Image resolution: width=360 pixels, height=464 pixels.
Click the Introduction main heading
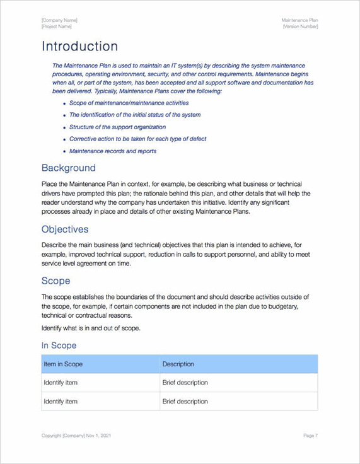pos(79,47)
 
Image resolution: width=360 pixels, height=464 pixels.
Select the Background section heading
pos(68,168)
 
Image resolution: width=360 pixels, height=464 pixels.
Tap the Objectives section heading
pos(65,229)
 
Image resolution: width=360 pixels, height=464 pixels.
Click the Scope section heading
pos(55,281)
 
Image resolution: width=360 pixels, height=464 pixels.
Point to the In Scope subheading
pos(59,345)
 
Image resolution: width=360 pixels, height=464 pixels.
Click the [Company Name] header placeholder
pos(59,20)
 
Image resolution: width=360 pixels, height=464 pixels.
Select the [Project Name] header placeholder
pos(57,26)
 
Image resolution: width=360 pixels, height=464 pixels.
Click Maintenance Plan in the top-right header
pos(299,20)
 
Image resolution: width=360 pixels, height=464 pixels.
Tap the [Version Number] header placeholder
pos(300,26)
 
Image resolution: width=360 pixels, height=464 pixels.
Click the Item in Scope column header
pos(63,364)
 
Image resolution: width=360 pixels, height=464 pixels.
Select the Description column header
pos(178,364)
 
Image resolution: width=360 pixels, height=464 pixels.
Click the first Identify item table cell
pos(61,383)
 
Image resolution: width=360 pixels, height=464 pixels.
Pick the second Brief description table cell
pos(185,402)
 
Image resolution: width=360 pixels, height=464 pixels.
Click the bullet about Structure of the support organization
pos(117,127)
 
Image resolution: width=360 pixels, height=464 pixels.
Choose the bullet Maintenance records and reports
pos(113,151)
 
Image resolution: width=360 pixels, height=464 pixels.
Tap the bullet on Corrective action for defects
pos(137,139)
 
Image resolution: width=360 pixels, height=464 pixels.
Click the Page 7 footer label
pos(310,436)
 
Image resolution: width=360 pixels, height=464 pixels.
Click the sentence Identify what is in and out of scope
pos(91,328)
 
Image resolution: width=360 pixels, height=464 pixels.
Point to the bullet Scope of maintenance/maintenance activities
pos(129,103)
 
